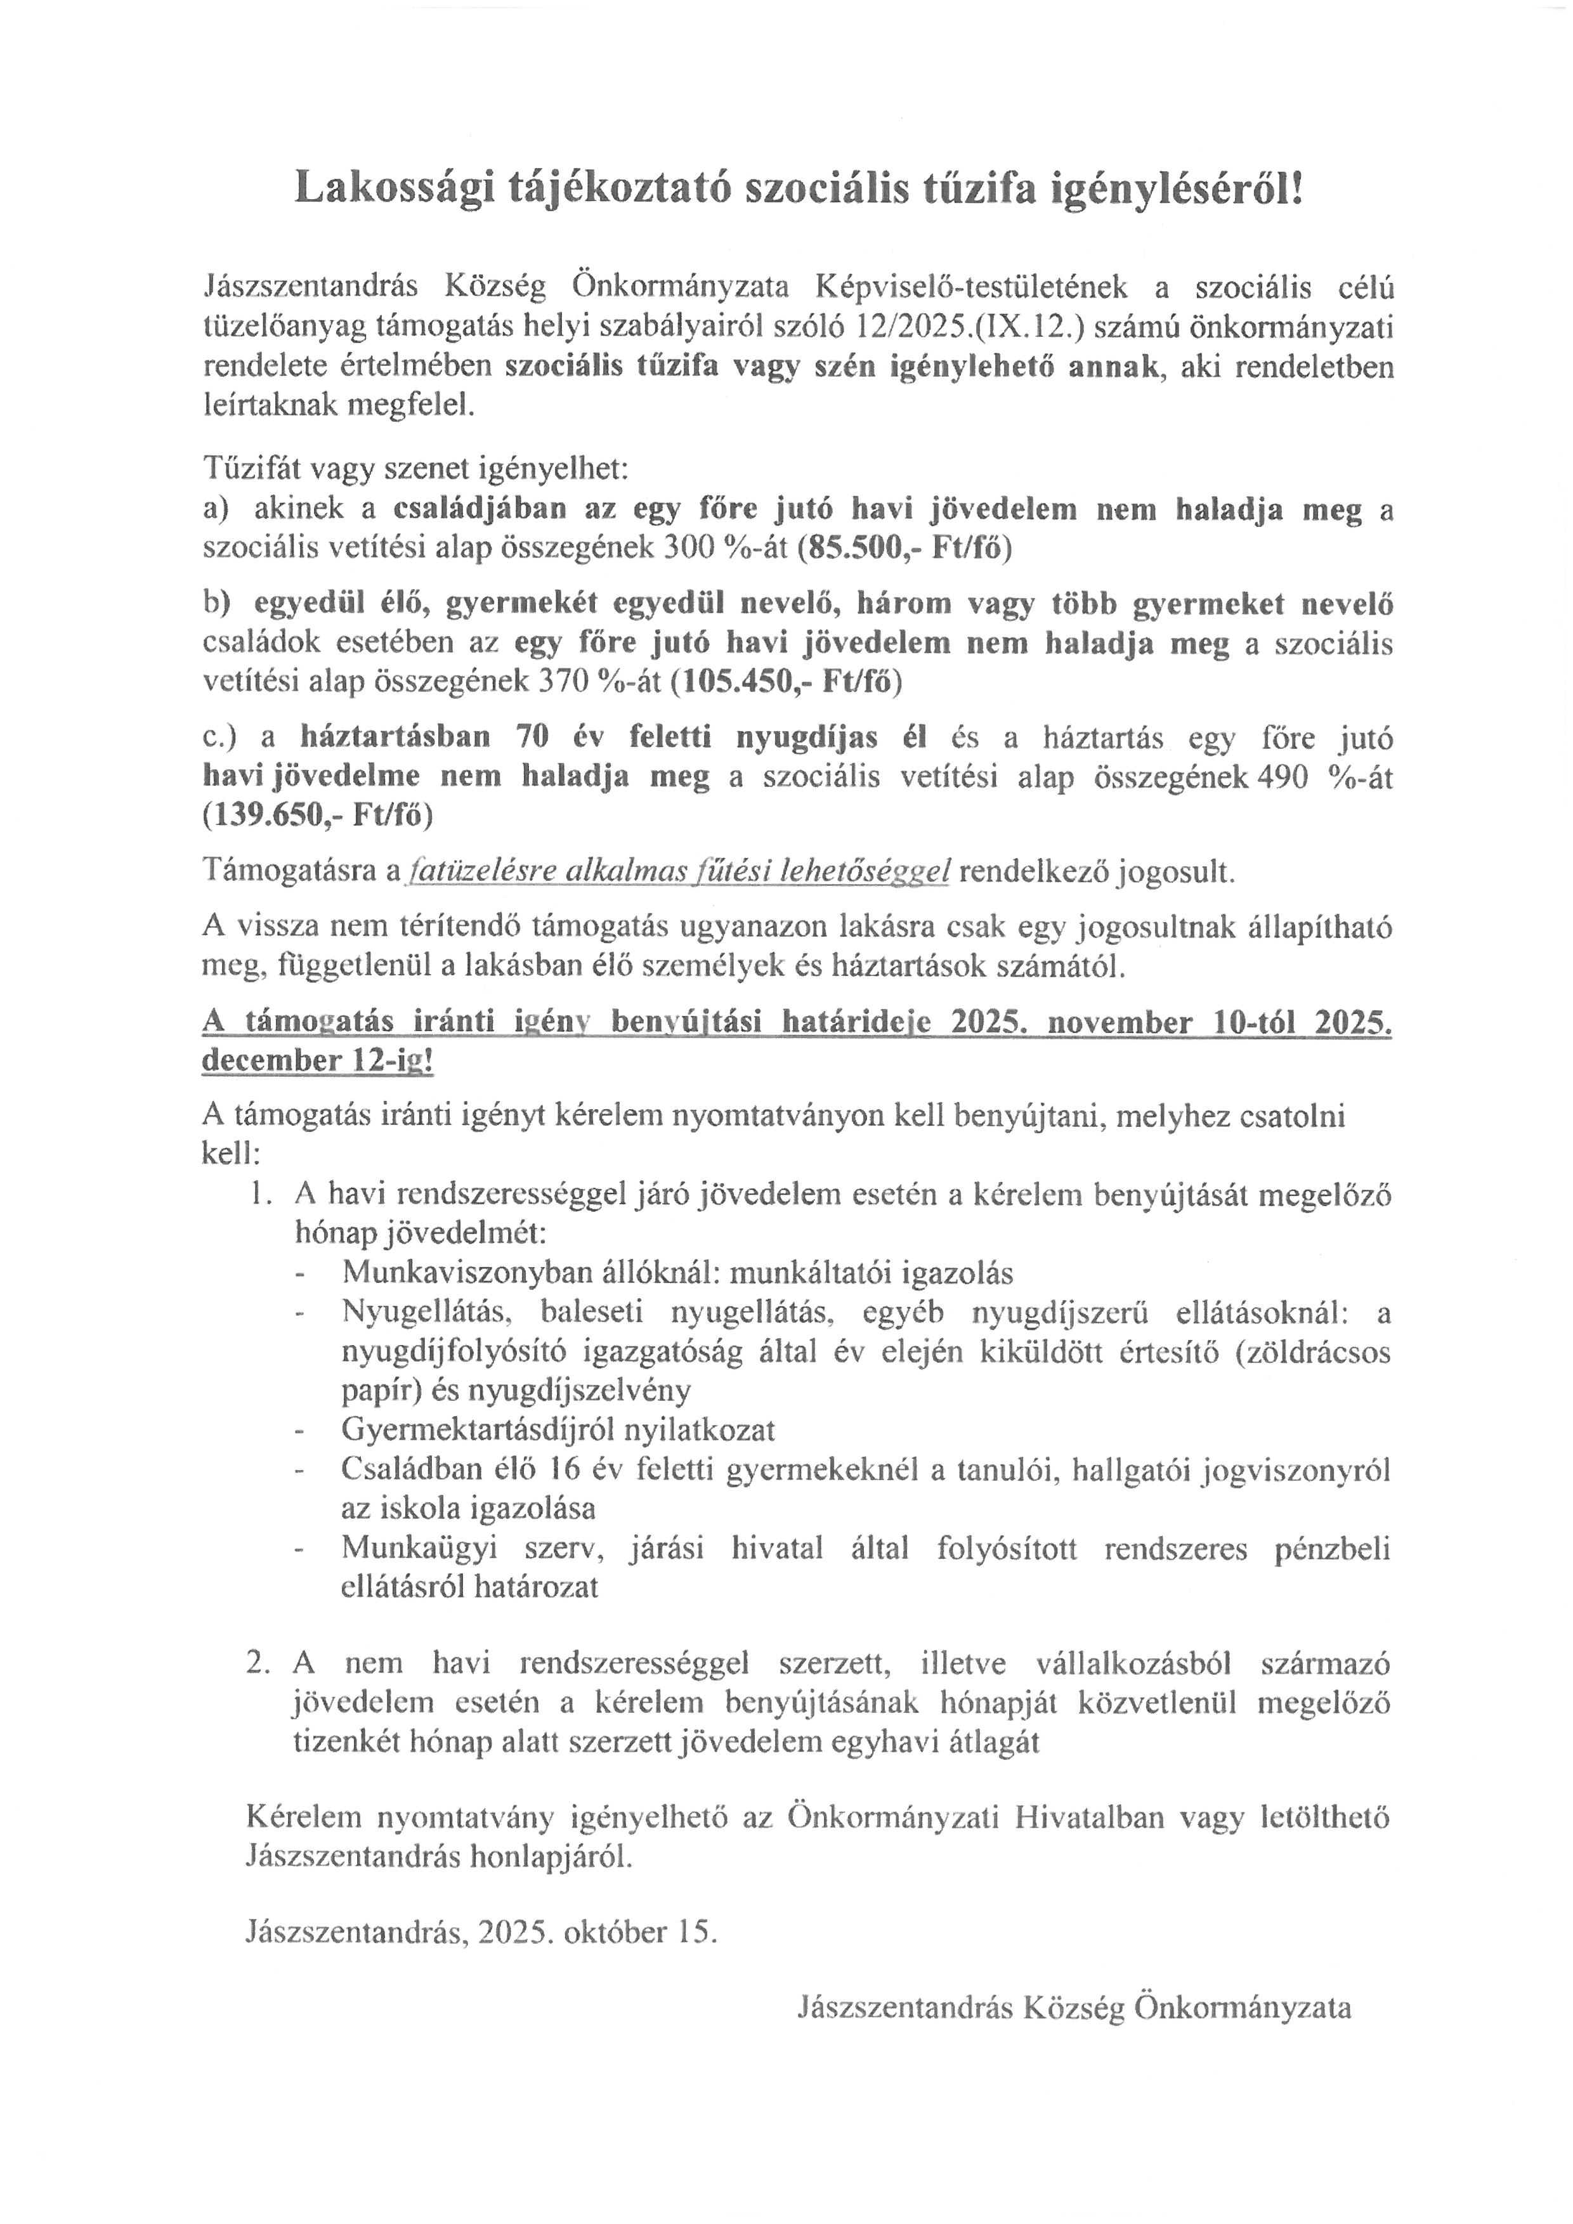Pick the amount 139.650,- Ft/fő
coord(318,815)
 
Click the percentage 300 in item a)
coord(689,549)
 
